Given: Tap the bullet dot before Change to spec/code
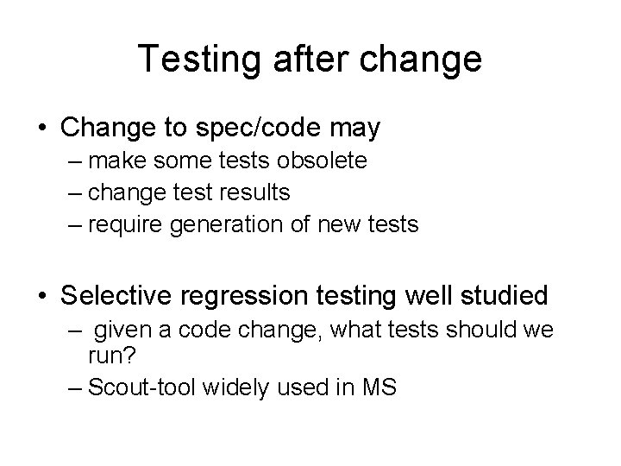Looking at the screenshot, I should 43,129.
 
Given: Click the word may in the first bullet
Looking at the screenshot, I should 354,129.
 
